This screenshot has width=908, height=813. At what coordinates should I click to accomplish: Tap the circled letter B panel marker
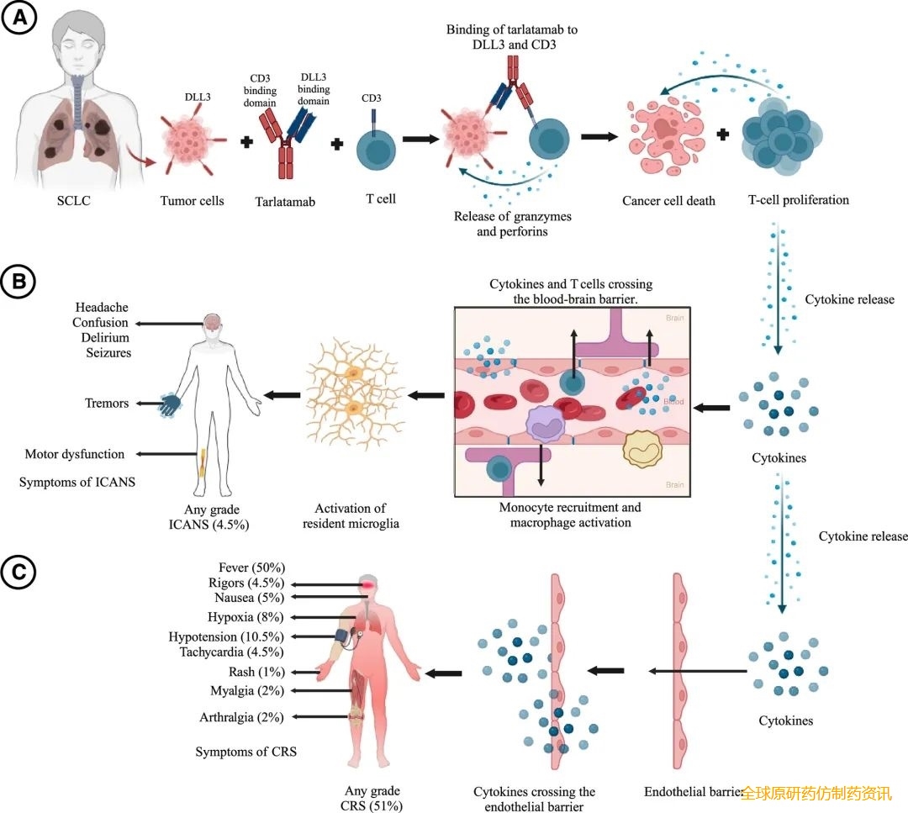18,282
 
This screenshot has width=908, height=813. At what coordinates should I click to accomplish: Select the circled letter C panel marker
18,572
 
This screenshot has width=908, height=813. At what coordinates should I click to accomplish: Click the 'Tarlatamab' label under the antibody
285,202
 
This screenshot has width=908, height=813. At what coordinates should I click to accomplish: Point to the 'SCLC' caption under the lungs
73,201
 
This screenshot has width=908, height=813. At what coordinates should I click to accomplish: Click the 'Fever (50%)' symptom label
252,568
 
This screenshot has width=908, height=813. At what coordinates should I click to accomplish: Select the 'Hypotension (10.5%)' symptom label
226,637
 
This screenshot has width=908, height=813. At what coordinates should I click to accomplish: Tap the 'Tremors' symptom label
107,403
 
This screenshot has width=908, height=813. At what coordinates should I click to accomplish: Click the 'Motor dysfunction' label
75,454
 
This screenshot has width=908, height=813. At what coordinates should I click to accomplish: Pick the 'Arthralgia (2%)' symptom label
241,717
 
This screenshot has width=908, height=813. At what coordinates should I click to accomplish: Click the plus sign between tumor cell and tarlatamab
246,142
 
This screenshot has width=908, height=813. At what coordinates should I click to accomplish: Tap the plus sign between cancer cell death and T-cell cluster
723,135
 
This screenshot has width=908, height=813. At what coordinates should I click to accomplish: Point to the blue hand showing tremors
170,404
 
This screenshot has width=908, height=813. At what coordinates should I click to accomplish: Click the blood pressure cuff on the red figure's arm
346,636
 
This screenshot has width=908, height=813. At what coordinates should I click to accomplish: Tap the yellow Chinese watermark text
816,794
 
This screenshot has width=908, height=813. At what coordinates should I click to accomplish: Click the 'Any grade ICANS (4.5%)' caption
209,517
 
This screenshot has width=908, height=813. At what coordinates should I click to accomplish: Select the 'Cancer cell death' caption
669,201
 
